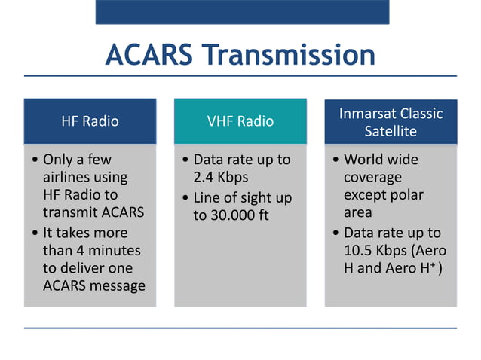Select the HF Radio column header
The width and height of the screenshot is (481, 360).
(90, 121)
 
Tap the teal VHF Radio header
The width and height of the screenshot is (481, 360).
(240, 121)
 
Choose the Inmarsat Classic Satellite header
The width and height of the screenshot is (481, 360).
(391, 122)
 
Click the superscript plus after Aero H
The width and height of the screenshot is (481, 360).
(435, 266)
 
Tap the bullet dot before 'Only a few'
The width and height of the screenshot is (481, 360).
(35, 160)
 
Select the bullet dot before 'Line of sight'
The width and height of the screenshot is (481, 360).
(185, 198)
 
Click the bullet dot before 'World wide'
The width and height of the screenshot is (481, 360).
(335, 160)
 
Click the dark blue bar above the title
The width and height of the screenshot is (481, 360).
(241, 11)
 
